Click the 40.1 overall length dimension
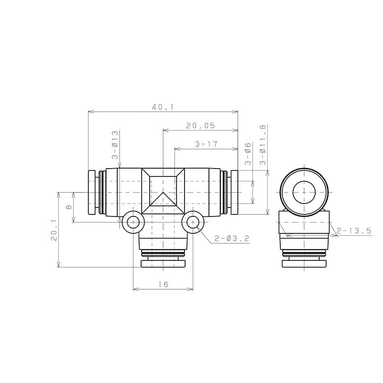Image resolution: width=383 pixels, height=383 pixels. (163, 107)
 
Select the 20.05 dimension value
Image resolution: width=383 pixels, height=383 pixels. (200, 126)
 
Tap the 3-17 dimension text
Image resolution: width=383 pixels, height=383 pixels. (206, 144)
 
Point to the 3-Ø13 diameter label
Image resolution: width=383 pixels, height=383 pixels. (115, 145)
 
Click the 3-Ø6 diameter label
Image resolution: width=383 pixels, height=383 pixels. (248, 154)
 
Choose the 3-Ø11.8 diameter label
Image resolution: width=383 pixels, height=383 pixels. (263, 145)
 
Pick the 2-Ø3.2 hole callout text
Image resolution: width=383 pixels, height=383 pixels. (232, 238)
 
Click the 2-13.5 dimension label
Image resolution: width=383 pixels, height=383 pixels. (354, 230)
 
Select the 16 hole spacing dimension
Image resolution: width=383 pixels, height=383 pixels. (163, 284)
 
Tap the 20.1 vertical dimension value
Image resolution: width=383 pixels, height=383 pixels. (54, 230)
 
